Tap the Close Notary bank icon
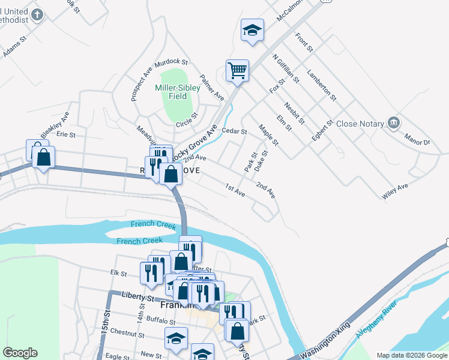[x=394, y=124]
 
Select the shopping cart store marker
[x=237, y=70]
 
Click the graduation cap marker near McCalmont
[x=252, y=30]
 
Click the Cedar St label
[x=234, y=131]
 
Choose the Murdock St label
[x=172, y=62]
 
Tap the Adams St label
[x=16, y=47]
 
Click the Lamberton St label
[x=321, y=86]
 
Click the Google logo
[x=20, y=353]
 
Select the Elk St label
[x=118, y=274]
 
